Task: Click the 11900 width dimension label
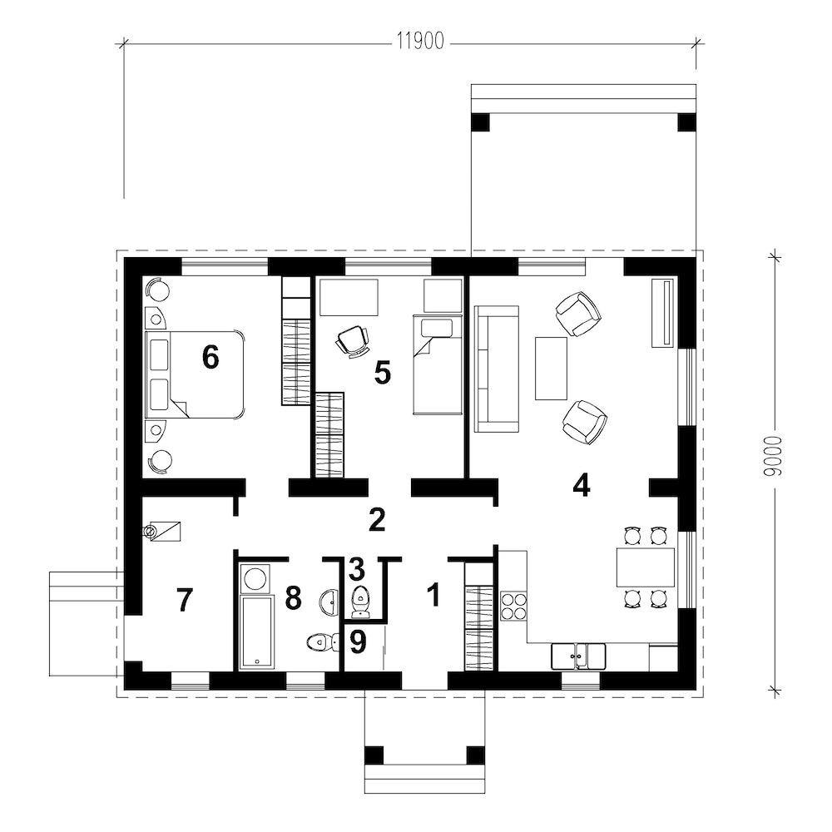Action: (x=420, y=42)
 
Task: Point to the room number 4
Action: (x=582, y=485)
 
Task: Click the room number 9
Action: (x=358, y=641)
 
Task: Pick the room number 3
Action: (x=357, y=569)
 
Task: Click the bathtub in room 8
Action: (x=257, y=631)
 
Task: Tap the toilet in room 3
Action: (x=361, y=602)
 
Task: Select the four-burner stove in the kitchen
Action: (x=513, y=607)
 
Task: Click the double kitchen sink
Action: (x=578, y=656)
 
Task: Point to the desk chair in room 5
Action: (x=353, y=341)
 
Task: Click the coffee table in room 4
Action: (x=551, y=369)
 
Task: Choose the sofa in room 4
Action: (x=496, y=369)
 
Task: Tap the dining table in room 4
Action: (x=645, y=567)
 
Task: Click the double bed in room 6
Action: (x=195, y=375)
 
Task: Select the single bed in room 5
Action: (x=438, y=364)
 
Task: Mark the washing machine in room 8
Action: (x=255, y=578)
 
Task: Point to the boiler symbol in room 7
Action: (x=162, y=531)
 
